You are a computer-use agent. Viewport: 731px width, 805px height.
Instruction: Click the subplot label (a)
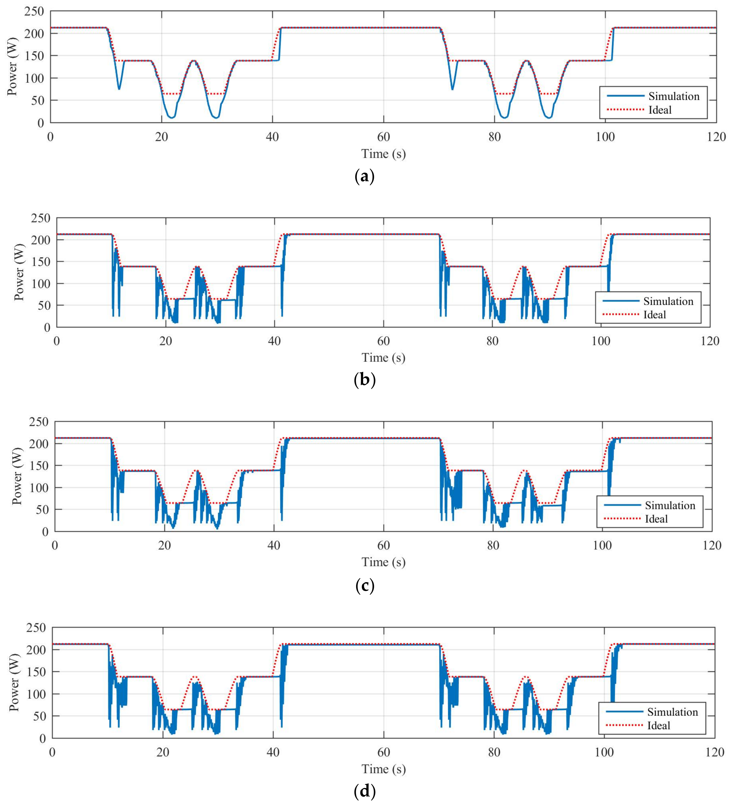point(364,176)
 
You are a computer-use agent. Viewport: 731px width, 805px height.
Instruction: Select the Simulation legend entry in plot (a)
point(674,96)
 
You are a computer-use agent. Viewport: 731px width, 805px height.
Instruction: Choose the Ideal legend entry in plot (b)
point(654,315)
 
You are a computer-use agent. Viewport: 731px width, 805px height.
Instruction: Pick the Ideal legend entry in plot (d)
point(658,725)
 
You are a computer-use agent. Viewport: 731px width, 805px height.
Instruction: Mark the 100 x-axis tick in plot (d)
point(604,752)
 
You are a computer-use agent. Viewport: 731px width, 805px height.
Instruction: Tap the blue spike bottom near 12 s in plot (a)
point(119,89)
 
